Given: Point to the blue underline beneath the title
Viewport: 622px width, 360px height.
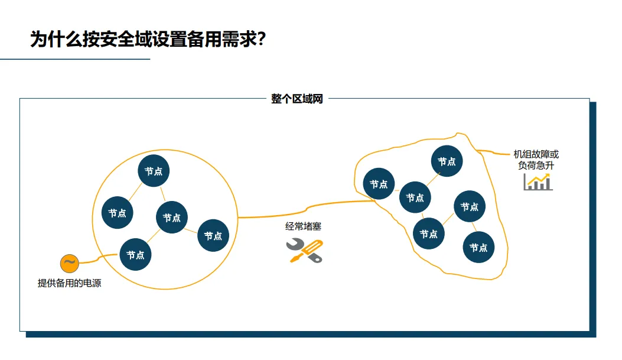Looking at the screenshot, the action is pos(75,59).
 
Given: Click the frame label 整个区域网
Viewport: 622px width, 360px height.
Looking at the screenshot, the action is pos(297,99).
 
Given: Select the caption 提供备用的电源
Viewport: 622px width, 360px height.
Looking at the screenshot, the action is pos(69,283).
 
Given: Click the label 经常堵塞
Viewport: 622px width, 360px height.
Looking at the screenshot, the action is pos(303,226).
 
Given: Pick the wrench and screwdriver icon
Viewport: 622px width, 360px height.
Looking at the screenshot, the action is pos(305,251).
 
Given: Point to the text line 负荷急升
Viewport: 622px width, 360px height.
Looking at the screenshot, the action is pos(536,166).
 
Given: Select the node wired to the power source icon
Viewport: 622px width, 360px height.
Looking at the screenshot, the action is pos(136,255).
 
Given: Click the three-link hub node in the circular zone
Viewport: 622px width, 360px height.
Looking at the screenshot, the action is pos(172,218).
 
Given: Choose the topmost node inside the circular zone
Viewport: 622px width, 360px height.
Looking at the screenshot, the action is pos(154,171).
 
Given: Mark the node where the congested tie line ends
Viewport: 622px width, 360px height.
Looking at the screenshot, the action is pos(379,184).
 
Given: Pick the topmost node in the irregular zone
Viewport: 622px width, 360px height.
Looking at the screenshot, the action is pos(447,161).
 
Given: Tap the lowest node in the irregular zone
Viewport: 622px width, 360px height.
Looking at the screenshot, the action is pos(478,248).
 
